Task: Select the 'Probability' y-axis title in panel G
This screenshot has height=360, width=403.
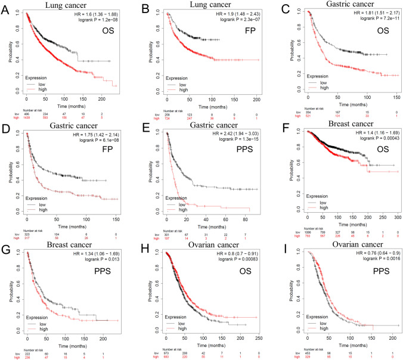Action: pos(7,290)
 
